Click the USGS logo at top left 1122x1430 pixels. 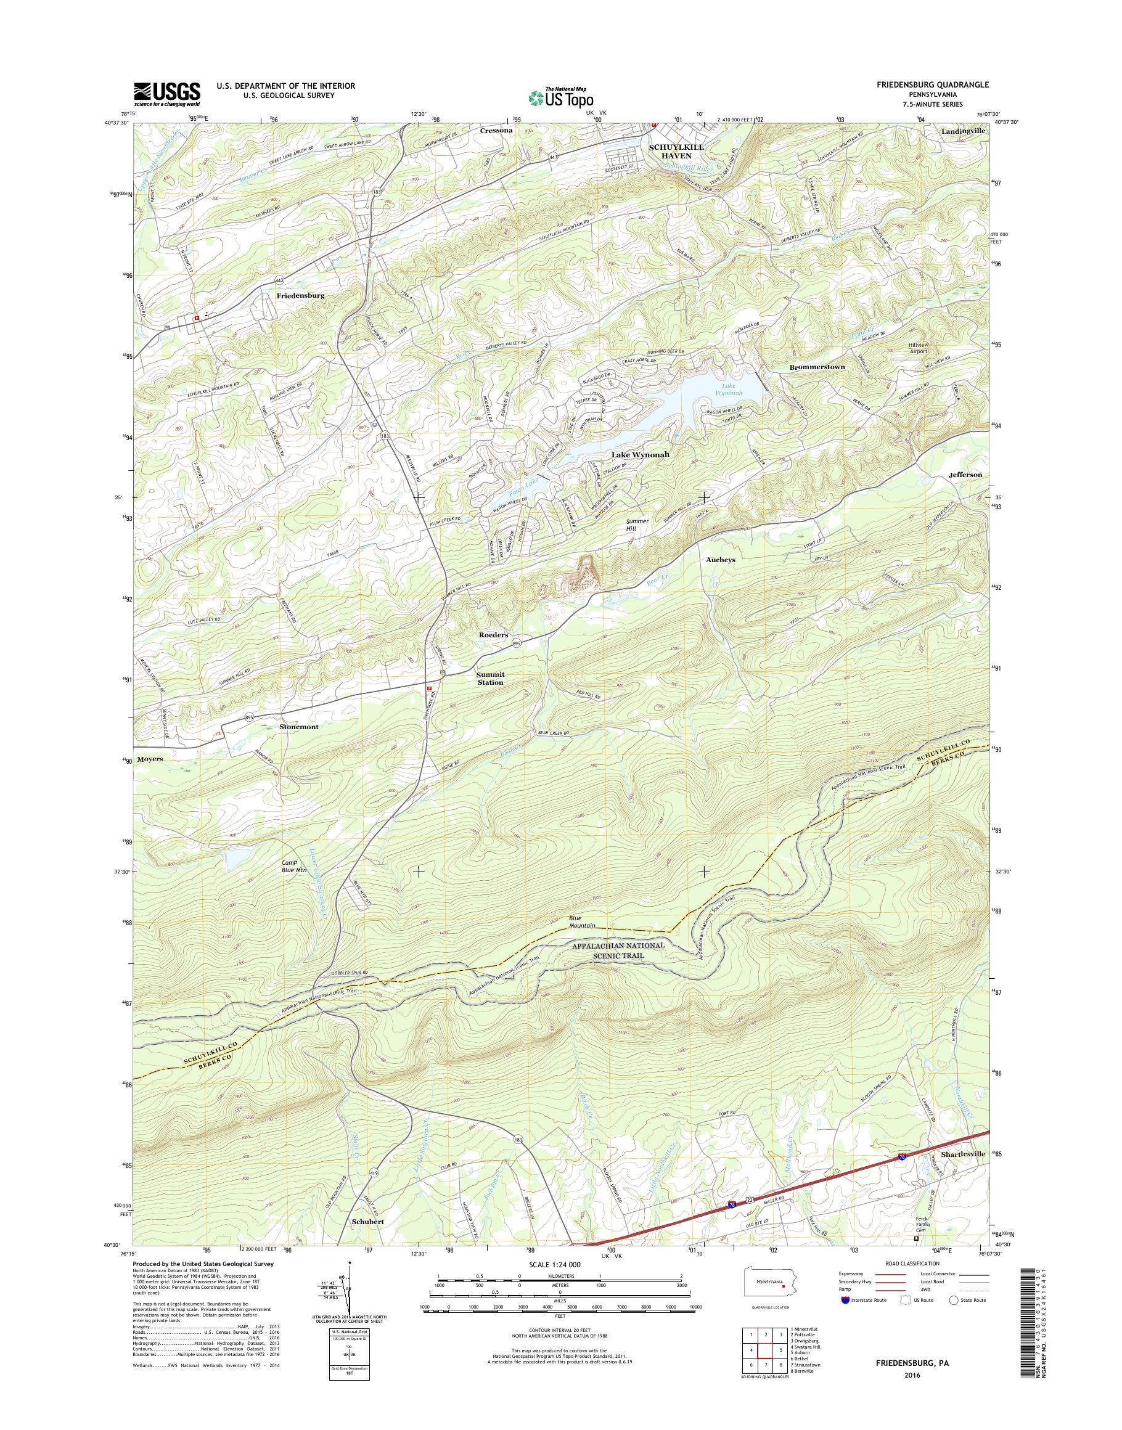(167, 94)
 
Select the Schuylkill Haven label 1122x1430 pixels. (676, 152)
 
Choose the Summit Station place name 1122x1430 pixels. (490, 678)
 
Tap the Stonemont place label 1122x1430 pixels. (298, 727)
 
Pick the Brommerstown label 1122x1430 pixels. (817, 367)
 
